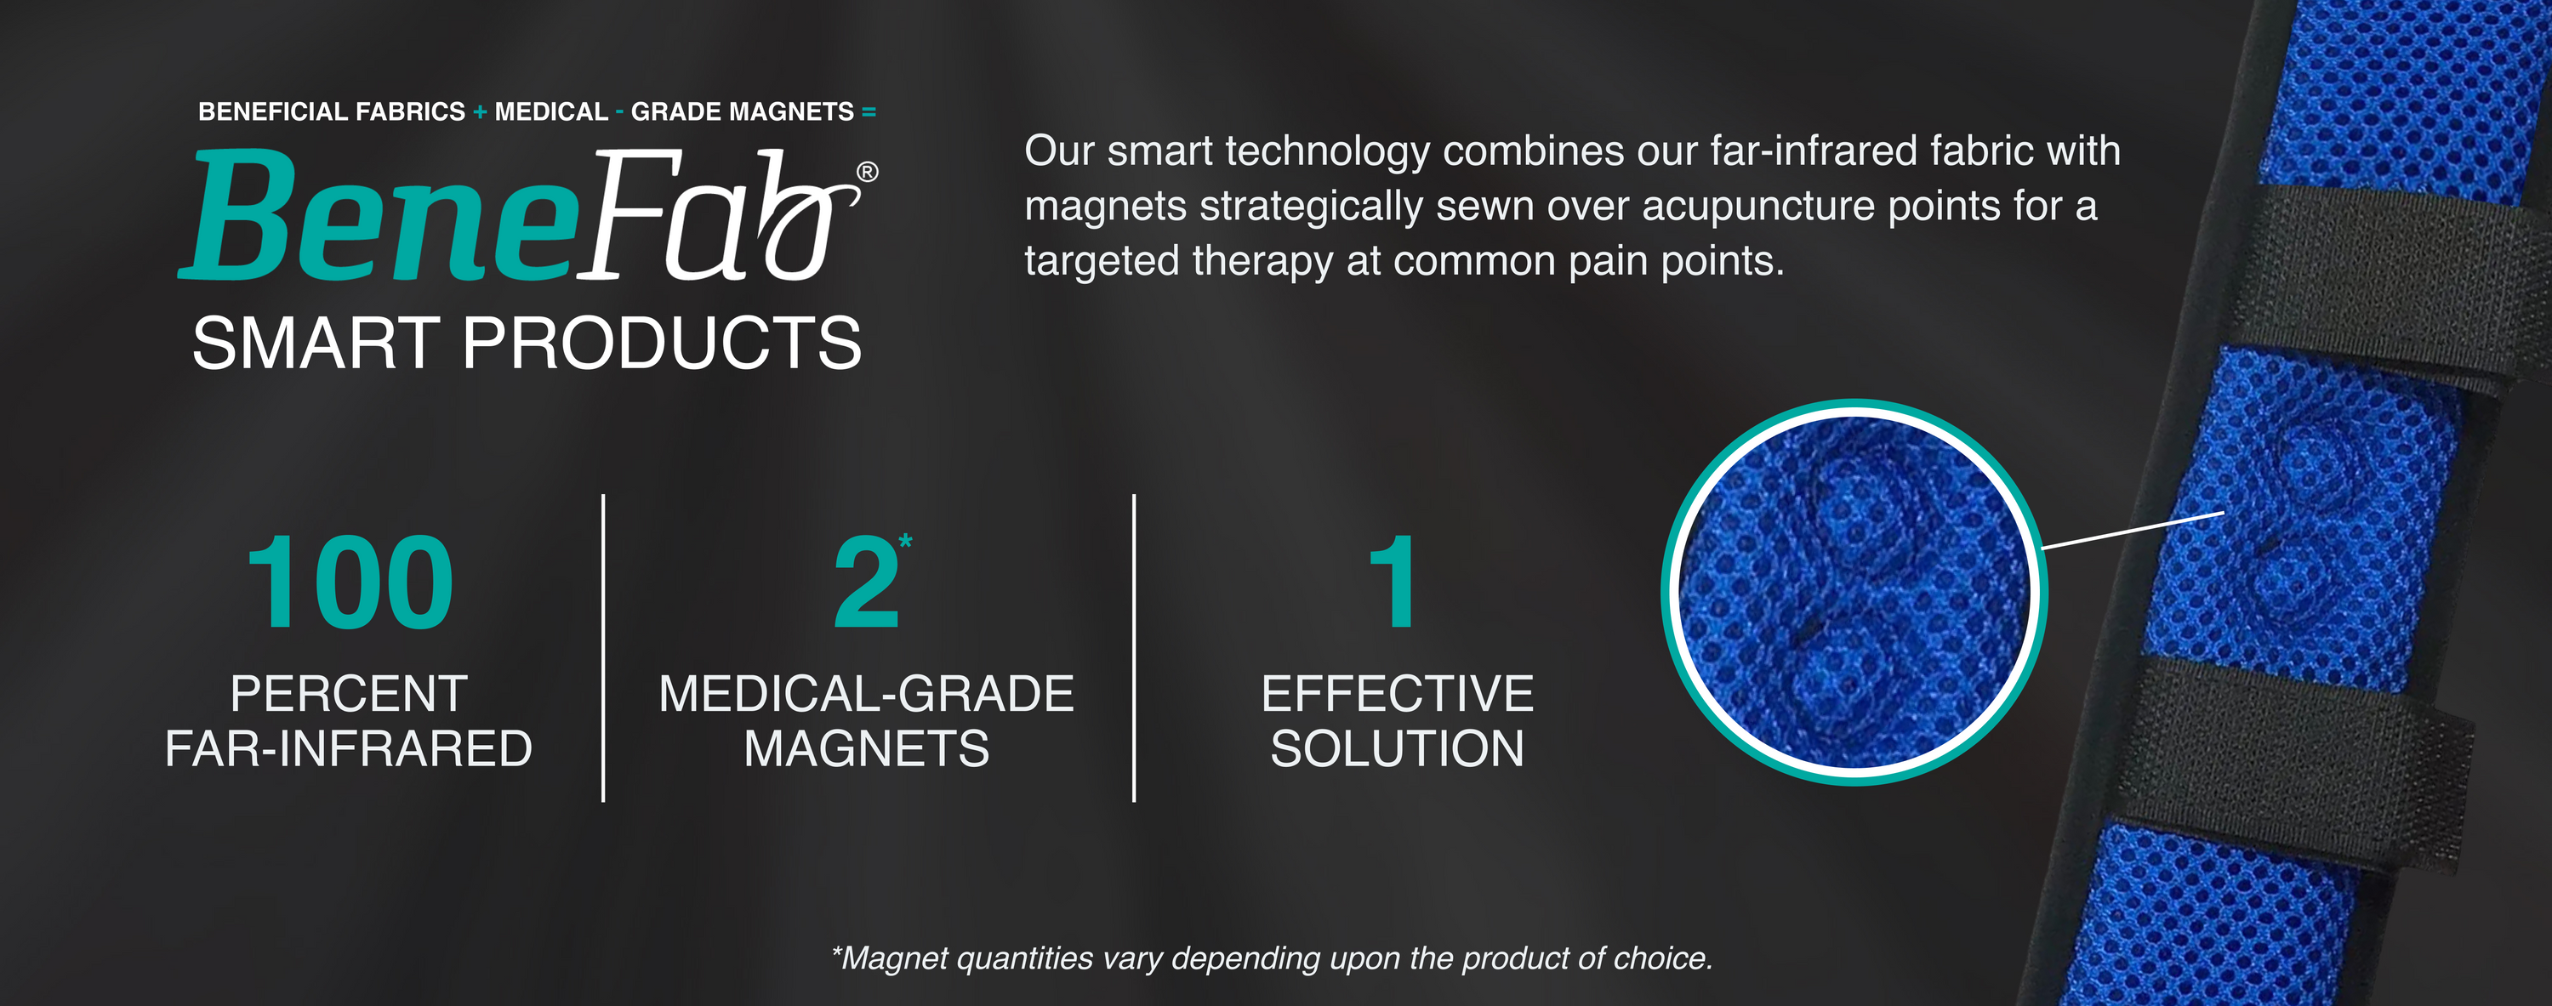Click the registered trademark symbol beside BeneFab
[867, 173]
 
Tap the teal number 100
[350, 583]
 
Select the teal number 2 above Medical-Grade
[866, 583]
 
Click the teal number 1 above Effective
[1393, 583]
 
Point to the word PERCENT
[349, 693]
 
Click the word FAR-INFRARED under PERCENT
[349, 748]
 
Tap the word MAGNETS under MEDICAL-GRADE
[867, 748]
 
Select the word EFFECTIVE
[1397, 693]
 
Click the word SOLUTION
[1397, 748]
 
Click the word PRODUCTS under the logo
[663, 344]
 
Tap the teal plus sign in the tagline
[480, 113]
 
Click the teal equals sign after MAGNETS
[869, 113]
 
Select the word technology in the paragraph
[1324, 152]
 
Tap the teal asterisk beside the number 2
[905, 541]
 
